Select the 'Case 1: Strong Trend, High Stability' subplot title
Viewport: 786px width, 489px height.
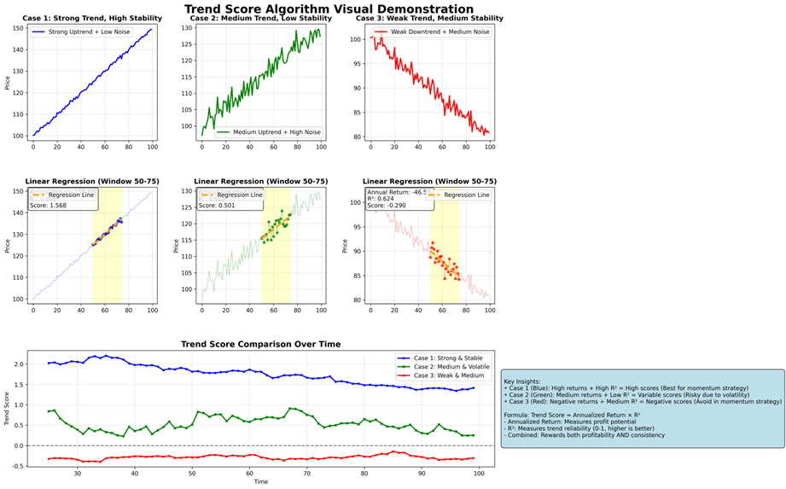pos(90,19)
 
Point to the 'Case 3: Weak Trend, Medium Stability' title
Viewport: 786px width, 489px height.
pos(428,19)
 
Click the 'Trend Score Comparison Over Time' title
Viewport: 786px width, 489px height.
pos(261,345)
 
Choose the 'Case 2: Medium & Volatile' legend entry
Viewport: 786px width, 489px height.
pos(449,366)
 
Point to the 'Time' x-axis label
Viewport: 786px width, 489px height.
pos(261,482)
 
